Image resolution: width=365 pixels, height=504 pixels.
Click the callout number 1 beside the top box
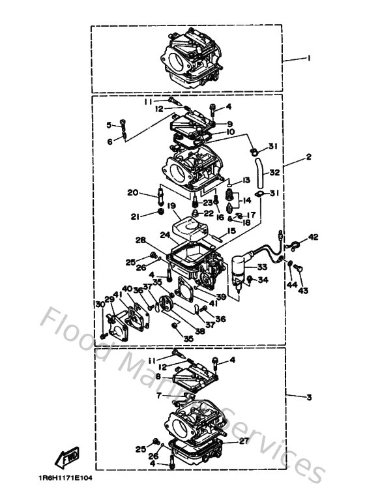click(x=308, y=58)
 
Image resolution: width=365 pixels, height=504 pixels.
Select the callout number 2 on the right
click(x=308, y=157)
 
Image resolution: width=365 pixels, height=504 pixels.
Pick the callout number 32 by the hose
click(x=274, y=173)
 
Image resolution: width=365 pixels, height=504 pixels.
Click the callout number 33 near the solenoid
click(x=261, y=267)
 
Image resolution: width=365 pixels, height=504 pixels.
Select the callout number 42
click(x=314, y=237)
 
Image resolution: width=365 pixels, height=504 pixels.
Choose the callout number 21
click(x=134, y=216)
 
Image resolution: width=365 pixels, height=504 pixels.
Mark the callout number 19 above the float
click(x=171, y=206)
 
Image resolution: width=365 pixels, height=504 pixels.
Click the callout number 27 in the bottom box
click(x=244, y=441)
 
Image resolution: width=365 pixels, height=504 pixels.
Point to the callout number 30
click(x=100, y=304)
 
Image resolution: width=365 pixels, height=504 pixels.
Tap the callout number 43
click(x=302, y=291)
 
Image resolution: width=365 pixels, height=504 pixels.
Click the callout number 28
click(x=158, y=241)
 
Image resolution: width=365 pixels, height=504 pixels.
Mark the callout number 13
click(x=246, y=180)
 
